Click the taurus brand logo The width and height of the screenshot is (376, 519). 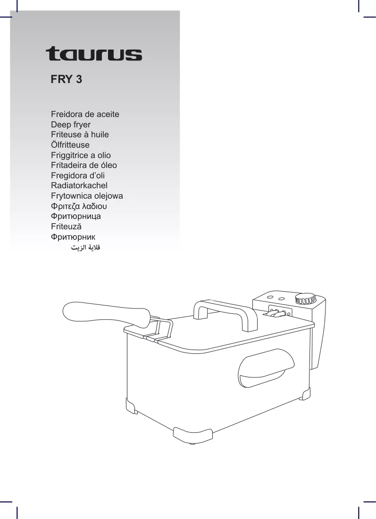coord(94,54)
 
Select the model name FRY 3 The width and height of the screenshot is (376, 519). coord(66,79)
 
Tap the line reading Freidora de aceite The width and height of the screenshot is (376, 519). coord(85,114)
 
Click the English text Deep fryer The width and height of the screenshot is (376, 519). coord(71,125)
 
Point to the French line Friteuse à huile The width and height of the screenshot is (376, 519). coord(80,135)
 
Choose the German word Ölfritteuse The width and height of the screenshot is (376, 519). coord(70,145)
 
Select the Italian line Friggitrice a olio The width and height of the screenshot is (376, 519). coord(81,155)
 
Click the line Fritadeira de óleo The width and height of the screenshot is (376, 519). coord(84,165)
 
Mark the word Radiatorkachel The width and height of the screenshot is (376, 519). coord(79,185)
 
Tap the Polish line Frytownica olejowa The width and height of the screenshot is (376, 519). coord(87,196)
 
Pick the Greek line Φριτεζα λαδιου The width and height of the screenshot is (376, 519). coord(79,206)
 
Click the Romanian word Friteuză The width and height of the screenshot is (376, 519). coord(66,226)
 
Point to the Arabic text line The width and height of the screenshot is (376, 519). coord(85,247)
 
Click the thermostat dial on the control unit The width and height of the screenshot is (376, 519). coord(306,298)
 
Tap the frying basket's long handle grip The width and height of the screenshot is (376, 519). coord(107,313)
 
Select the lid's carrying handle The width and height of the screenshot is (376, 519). coord(226,314)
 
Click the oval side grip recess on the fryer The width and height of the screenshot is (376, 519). coord(266,368)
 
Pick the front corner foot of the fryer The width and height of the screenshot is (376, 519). coord(193,434)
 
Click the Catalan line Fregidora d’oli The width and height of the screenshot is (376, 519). coord(78,176)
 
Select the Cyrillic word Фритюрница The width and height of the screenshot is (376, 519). coord(76,217)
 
